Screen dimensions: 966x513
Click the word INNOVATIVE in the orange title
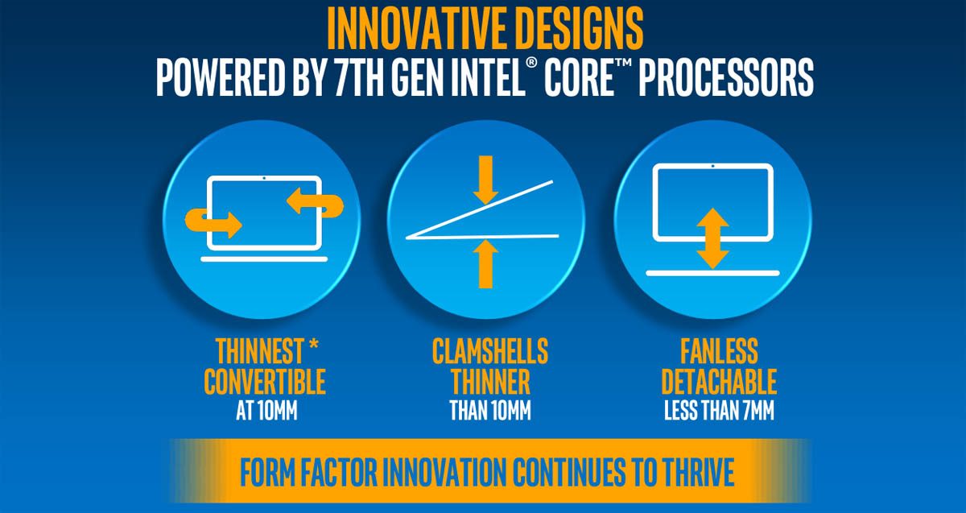tap(410, 29)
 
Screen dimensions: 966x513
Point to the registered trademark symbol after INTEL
tap(531, 63)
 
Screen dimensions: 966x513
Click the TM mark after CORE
tap(623, 63)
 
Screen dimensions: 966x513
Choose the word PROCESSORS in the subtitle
tap(726, 77)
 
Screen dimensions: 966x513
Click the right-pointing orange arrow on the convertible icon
tap(213, 222)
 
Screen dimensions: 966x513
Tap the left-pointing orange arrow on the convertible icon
tap(315, 203)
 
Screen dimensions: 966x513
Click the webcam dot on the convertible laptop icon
tap(264, 178)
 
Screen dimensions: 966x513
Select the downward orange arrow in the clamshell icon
tap(485, 180)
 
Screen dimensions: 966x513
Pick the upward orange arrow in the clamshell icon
tap(485, 263)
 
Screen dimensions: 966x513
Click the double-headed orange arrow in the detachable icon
tap(712, 238)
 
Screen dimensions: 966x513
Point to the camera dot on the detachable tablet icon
tap(712, 166)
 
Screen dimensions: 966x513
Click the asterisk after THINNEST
tap(313, 345)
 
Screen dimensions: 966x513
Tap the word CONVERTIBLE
tap(264, 382)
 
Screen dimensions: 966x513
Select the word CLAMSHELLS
tap(490, 351)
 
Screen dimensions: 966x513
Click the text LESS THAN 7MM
tap(719, 410)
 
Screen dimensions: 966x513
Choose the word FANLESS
tap(719, 351)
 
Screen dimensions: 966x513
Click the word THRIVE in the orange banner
tap(698, 472)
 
